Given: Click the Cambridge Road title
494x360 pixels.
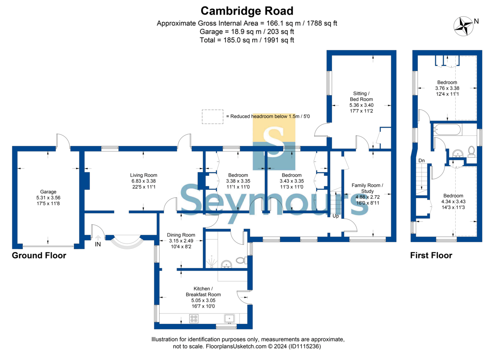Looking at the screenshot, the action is [247, 11].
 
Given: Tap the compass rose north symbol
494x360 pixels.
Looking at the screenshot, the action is [464, 26].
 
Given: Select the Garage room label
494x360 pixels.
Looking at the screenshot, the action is [48, 192].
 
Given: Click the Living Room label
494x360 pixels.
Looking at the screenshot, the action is [144, 175].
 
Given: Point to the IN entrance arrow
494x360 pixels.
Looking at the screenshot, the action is [98, 238].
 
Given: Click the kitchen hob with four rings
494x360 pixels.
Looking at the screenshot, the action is [194, 318].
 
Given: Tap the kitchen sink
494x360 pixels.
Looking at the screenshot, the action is [229, 319].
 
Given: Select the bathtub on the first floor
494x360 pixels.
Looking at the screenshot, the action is [447, 129].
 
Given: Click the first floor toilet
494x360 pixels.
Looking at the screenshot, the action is [471, 152].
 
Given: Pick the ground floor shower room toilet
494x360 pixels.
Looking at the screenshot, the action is [242, 260].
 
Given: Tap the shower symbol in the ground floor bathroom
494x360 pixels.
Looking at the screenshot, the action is [212, 262].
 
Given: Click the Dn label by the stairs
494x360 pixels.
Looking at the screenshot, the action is [422, 161].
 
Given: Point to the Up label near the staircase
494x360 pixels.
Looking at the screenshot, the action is [336, 216].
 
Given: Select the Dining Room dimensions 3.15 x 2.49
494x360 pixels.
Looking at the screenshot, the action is [181, 241].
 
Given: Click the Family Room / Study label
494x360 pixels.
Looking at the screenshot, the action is [367, 188].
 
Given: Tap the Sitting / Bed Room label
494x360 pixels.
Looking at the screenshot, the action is [361, 96].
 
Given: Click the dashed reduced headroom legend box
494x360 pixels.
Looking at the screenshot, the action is [212, 117].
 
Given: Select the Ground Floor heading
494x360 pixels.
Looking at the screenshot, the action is [39, 255].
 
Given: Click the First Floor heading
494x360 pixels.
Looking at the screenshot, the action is [431, 255].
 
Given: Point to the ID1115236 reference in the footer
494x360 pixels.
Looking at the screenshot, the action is [305, 346].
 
